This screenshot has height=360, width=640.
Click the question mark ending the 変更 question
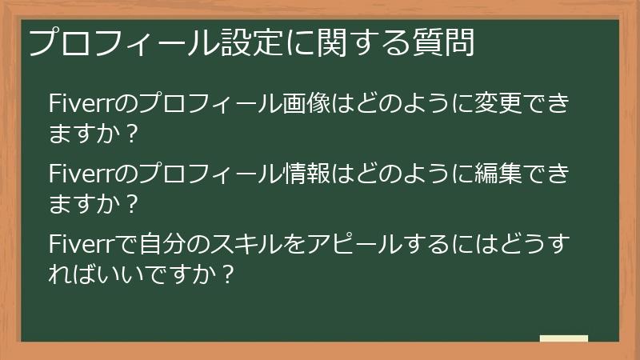[133, 134]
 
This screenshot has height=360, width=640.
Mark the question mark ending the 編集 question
[133, 203]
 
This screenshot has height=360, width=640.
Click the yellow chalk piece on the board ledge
[563, 338]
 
